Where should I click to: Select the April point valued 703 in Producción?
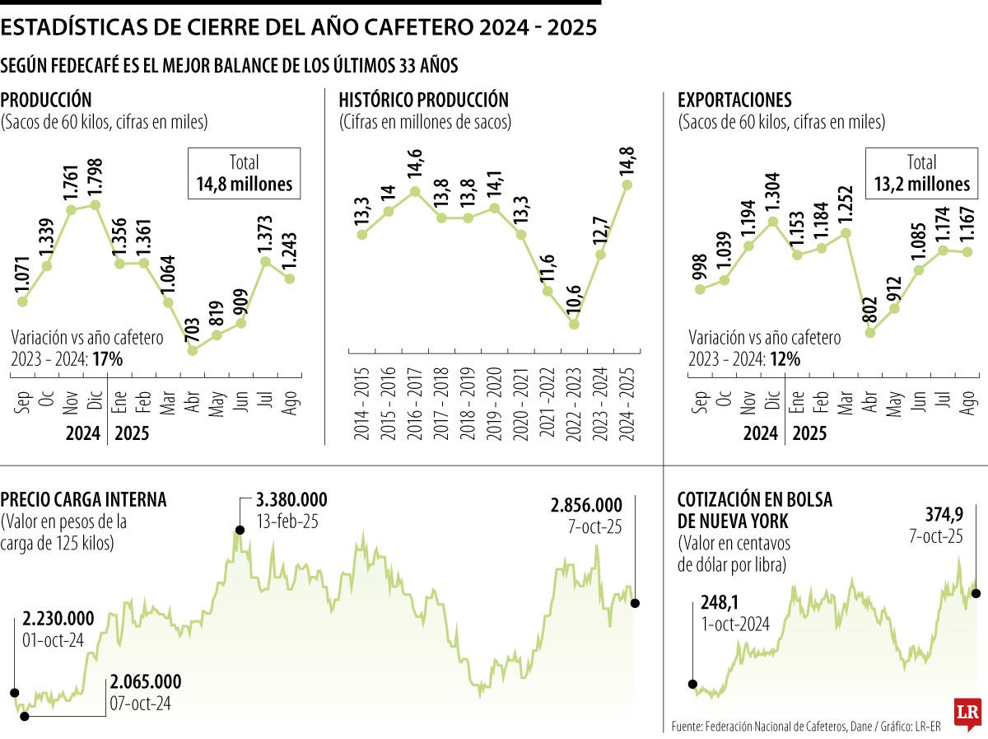[x=193, y=350]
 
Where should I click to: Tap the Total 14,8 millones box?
[x=244, y=174]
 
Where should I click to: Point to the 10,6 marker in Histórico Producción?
[x=574, y=324]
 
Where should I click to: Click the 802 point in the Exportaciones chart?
[x=869, y=333]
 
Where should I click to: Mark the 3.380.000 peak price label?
[x=291, y=500]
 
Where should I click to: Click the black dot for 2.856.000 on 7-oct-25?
[x=635, y=603]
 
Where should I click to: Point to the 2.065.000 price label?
[x=145, y=682]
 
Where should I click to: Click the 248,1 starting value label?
[x=720, y=604]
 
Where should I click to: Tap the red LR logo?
[x=968, y=714]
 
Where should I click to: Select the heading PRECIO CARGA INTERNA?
[x=83, y=499]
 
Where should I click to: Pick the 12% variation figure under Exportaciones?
[x=785, y=359]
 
